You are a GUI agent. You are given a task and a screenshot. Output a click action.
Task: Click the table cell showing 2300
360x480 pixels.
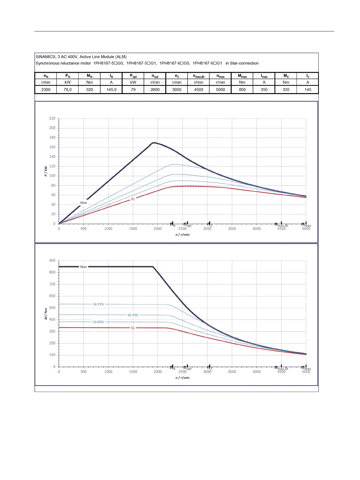(x=46, y=90)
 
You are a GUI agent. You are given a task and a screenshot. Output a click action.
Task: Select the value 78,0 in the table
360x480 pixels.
(x=68, y=90)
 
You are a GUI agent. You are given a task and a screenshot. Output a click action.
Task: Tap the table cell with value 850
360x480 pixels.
(x=242, y=90)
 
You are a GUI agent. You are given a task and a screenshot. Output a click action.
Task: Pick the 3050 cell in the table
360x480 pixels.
(x=177, y=90)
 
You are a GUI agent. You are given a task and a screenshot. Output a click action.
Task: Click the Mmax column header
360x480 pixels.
(x=242, y=76)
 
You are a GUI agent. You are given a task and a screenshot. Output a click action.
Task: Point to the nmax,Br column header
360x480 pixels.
(x=199, y=76)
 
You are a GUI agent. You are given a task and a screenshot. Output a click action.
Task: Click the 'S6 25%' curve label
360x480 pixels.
(x=98, y=304)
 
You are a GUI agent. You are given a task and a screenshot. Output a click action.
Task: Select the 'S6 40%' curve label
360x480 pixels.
(x=133, y=315)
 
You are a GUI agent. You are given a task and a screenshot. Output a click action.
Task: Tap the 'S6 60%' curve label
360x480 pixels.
(x=98, y=322)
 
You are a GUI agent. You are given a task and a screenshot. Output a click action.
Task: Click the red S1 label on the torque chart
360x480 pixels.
(x=133, y=328)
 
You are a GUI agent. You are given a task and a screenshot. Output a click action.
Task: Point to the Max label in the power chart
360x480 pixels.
(x=83, y=203)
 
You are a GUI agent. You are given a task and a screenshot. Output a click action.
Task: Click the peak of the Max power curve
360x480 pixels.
(x=154, y=142)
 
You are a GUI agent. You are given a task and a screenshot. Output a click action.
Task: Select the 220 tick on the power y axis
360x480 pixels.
(x=52, y=119)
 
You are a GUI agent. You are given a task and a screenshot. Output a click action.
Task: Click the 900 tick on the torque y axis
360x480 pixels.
(x=52, y=261)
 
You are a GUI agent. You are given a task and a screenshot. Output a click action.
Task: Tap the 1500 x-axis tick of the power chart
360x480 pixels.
(x=133, y=229)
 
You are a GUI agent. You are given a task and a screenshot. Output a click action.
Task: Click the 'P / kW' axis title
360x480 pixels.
(x=46, y=171)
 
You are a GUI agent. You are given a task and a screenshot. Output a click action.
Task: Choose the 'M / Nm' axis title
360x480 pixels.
(x=46, y=314)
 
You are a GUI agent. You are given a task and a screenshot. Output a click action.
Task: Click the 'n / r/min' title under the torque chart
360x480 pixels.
(x=183, y=378)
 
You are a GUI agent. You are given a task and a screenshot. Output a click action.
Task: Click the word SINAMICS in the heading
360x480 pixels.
(x=46, y=57)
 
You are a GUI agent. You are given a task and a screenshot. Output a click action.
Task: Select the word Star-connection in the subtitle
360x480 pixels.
(x=244, y=63)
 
